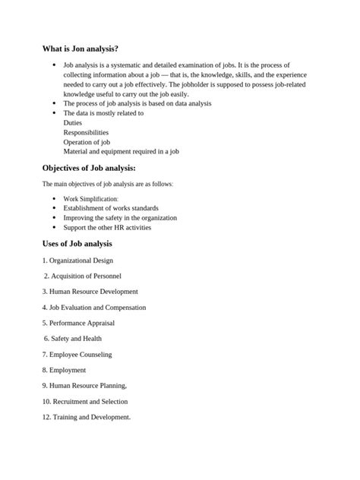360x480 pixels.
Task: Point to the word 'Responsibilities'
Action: pyautogui.click(x=86, y=131)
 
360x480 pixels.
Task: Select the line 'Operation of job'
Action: pyautogui.click(x=87, y=141)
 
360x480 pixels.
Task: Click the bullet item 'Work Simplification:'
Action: pyautogui.click(x=96, y=198)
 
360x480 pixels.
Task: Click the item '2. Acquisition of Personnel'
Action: pyautogui.click(x=83, y=276)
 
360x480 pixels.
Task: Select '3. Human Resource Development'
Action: pyautogui.click(x=90, y=291)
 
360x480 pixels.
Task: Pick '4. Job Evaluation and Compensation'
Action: pyautogui.click(x=94, y=307)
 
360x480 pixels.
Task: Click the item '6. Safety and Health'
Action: pyautogui.click(x=73, y=338)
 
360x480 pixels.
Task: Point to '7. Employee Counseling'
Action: pyautogui.click(x=77, y=354)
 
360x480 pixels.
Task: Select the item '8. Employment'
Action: pyautogui.click(x=65, y=370)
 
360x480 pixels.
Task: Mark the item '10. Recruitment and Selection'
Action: pyautogui.click(x=85, y=401)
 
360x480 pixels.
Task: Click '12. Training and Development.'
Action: pyautogui.click(x=87, y=417)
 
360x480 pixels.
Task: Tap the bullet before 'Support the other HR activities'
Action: pyautogui.click(x=54, y=227)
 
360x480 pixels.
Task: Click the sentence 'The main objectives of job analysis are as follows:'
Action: pyautogui.click(x=107, y=184)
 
